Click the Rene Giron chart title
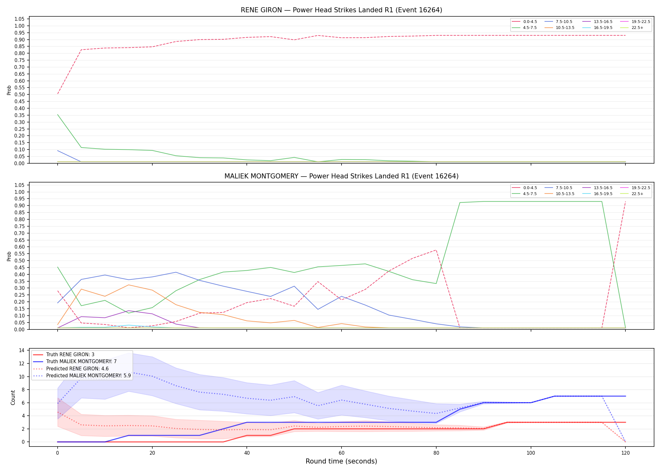pyautogui.click(x=341, y=10)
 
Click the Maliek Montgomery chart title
pyautogui.click(x=341, y=176)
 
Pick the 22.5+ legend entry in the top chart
pyautogui.click(x=632, y=28)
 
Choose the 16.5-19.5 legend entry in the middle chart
pyautogui.click(x=597, y=194)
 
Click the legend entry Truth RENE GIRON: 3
pyautogui.click(x=64, y=355)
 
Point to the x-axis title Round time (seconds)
pyautogui.click(x=341, y=461)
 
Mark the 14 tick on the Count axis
pyautogui.click(x=22, y=350)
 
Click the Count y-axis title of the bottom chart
pyautogui.click(x=13, y=397)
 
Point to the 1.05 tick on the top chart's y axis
pyautogui.click(x=20, y=19)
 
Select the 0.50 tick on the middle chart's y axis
pyautogui.click(x=20, y=261)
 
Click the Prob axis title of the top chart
pyautogui.click(x=9, y=90)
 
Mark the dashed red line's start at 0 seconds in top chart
pyautogui.click(x=58, y=94)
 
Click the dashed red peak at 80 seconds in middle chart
pyautogui.click(x=436, y=250)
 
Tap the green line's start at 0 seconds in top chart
pyautogui.click(x=58, y=115)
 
